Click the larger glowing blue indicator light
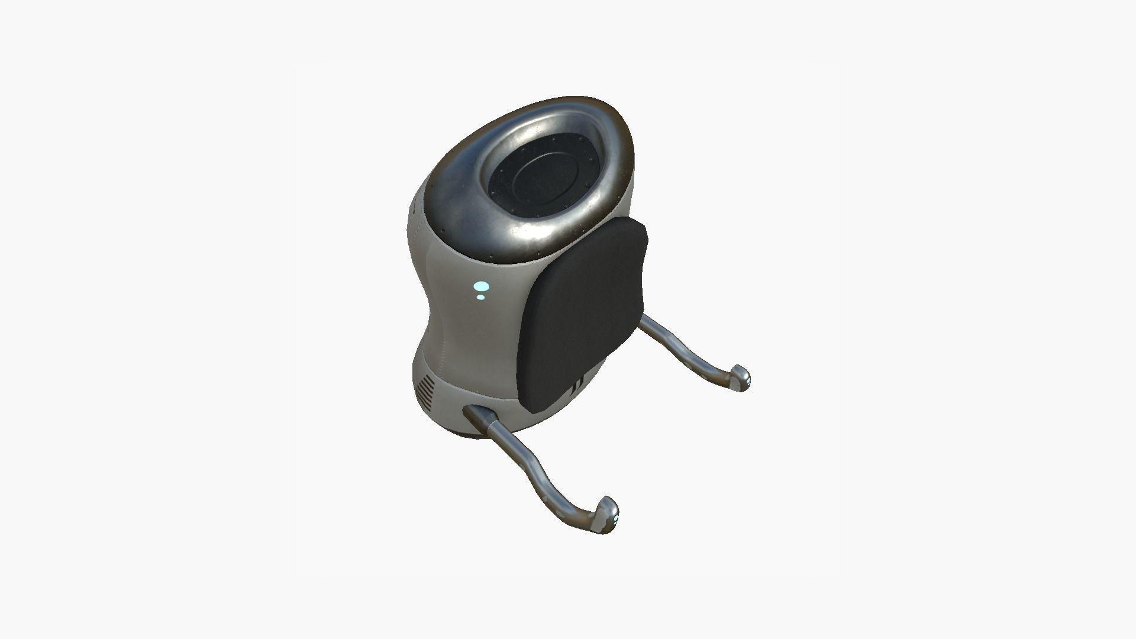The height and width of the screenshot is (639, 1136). [481, 286]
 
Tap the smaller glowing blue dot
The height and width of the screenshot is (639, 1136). [482, 296]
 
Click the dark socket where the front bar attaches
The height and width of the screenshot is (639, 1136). [473, 414]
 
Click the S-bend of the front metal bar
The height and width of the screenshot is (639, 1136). [532, 467]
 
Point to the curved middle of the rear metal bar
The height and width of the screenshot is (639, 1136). [686, 349]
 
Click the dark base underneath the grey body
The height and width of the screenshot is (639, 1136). [467, 435]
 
